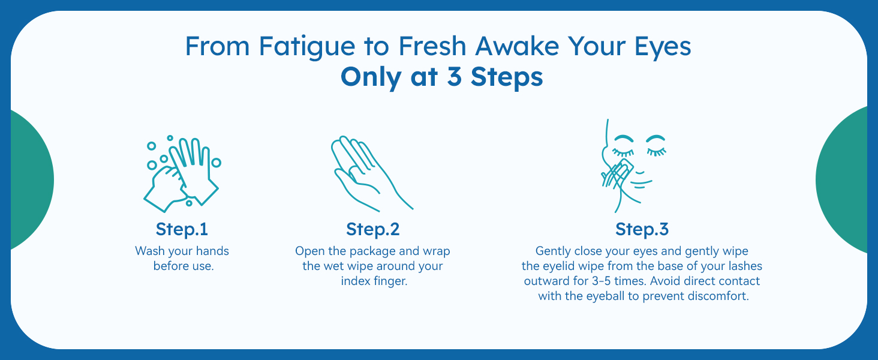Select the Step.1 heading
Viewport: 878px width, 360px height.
click(x=182, y=229)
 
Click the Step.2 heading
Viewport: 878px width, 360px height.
click(x=372, y=229)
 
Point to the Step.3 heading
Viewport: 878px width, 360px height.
click(x=642, y=229)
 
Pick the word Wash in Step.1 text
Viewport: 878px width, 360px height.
click(x=150, y=251)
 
